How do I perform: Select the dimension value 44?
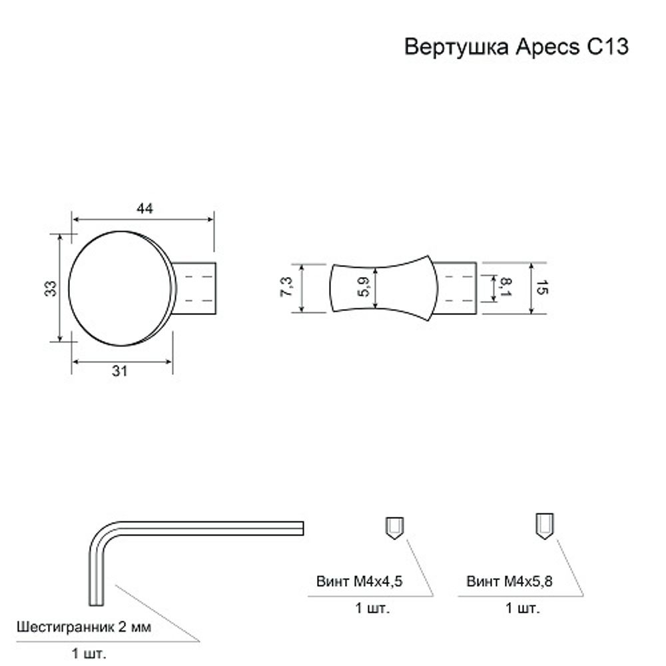tap(145, 208)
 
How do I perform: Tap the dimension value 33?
tap(52, 288)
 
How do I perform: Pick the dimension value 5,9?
tap(364, 288)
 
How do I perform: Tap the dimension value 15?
tap(541, 288)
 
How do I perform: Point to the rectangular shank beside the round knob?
tap(197, 288)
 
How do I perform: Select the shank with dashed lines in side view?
tap(456, 288)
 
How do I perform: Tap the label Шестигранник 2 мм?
tap(83, 627)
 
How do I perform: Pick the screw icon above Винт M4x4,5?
tap(393, 529)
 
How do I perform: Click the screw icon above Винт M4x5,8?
tap(543, 527)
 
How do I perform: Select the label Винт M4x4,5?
tap(360, 581)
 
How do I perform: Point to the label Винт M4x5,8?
tap(511, 581)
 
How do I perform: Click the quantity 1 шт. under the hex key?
tap(89, 653)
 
